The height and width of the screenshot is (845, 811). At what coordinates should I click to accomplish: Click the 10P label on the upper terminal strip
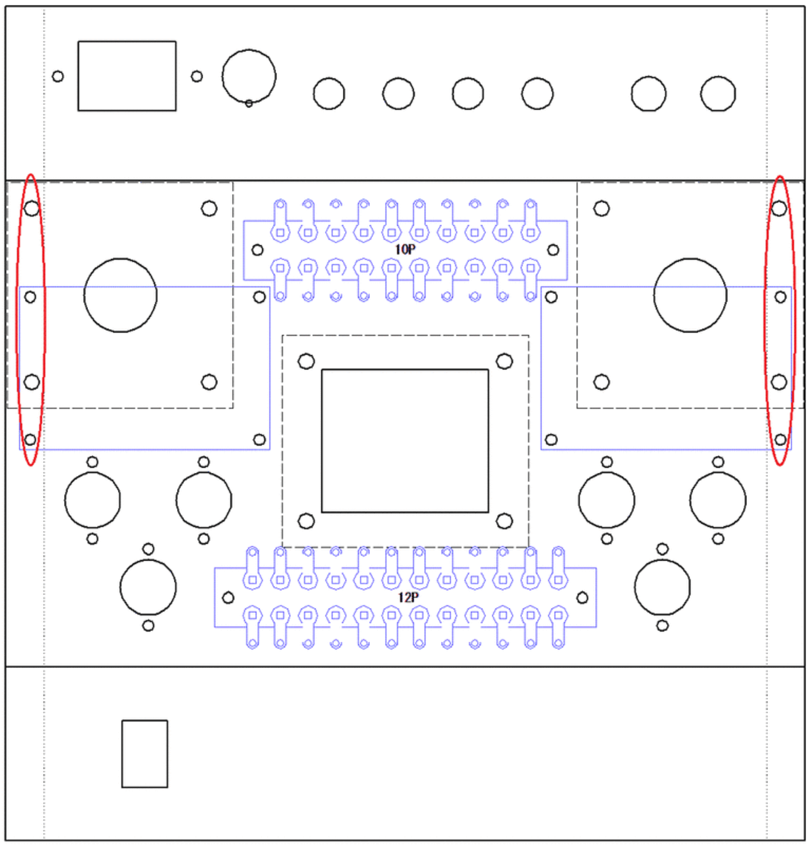point(405,250)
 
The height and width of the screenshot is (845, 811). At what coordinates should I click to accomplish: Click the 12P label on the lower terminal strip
point(408,597)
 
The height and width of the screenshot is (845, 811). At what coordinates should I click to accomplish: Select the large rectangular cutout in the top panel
point(127,76)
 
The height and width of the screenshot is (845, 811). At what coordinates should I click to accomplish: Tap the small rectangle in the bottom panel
point(145,754)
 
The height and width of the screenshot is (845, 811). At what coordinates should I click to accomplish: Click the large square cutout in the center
point(405,441)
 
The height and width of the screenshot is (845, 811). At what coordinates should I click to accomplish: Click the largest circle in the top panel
point(249,76)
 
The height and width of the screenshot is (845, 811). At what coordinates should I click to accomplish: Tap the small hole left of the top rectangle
point(58,76)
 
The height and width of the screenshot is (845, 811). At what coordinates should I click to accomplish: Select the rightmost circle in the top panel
point(718,94)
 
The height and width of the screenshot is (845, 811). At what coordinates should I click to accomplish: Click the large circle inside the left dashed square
point(120,295)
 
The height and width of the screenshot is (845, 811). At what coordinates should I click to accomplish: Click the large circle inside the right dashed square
point(690,295)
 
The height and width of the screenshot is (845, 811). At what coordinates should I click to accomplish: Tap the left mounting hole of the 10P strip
point(258,250)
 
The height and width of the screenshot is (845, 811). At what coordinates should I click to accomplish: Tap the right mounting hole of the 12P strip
point(582,598)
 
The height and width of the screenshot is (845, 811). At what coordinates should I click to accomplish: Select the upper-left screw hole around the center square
point(306,361)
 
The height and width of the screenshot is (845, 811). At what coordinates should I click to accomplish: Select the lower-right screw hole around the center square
point(504,520)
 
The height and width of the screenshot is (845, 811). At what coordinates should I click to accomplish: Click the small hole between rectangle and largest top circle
point(197,76)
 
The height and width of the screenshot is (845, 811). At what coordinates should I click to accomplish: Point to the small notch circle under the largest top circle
point(249,103)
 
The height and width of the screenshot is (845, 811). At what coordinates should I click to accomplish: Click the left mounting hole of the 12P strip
point(228,598)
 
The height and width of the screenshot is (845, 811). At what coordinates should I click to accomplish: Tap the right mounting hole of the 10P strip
point(553,250)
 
